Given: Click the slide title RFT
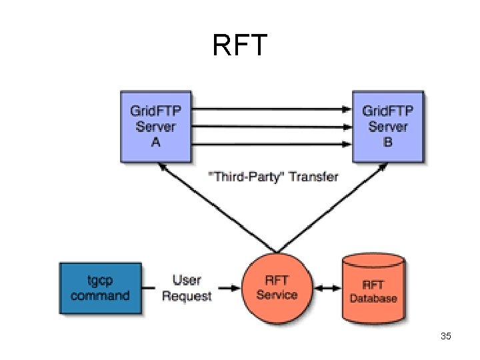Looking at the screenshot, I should pyautogui.click(x=240, y=45).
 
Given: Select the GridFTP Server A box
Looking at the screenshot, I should pyautogui.click(x=155, y=127).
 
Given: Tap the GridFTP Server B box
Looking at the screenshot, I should pyautogui.click(x=388, y=127).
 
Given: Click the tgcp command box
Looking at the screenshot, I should pyautogui.click(x=100, y=288).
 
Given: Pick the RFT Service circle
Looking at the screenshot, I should pyautogui.click(x=276, y=288).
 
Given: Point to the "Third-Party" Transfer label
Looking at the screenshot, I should pyautogui.click(x=273, y=177).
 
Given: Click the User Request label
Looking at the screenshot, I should pyautogui.click(x=187, y=288).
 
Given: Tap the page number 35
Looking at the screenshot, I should pyautogui.click(x=446, y=336).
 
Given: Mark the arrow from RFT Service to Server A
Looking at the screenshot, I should pyautogui.click(x=207, y=210).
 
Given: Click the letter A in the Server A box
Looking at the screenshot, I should pyautogui.click(x=155, y=143).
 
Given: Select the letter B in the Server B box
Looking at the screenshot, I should pyautogui.click(x=388, y=143).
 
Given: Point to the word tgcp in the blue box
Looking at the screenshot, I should pyautogui.click(x=101, y=281).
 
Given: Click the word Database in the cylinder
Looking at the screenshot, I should pyautogui.click(x=373, y=298).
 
